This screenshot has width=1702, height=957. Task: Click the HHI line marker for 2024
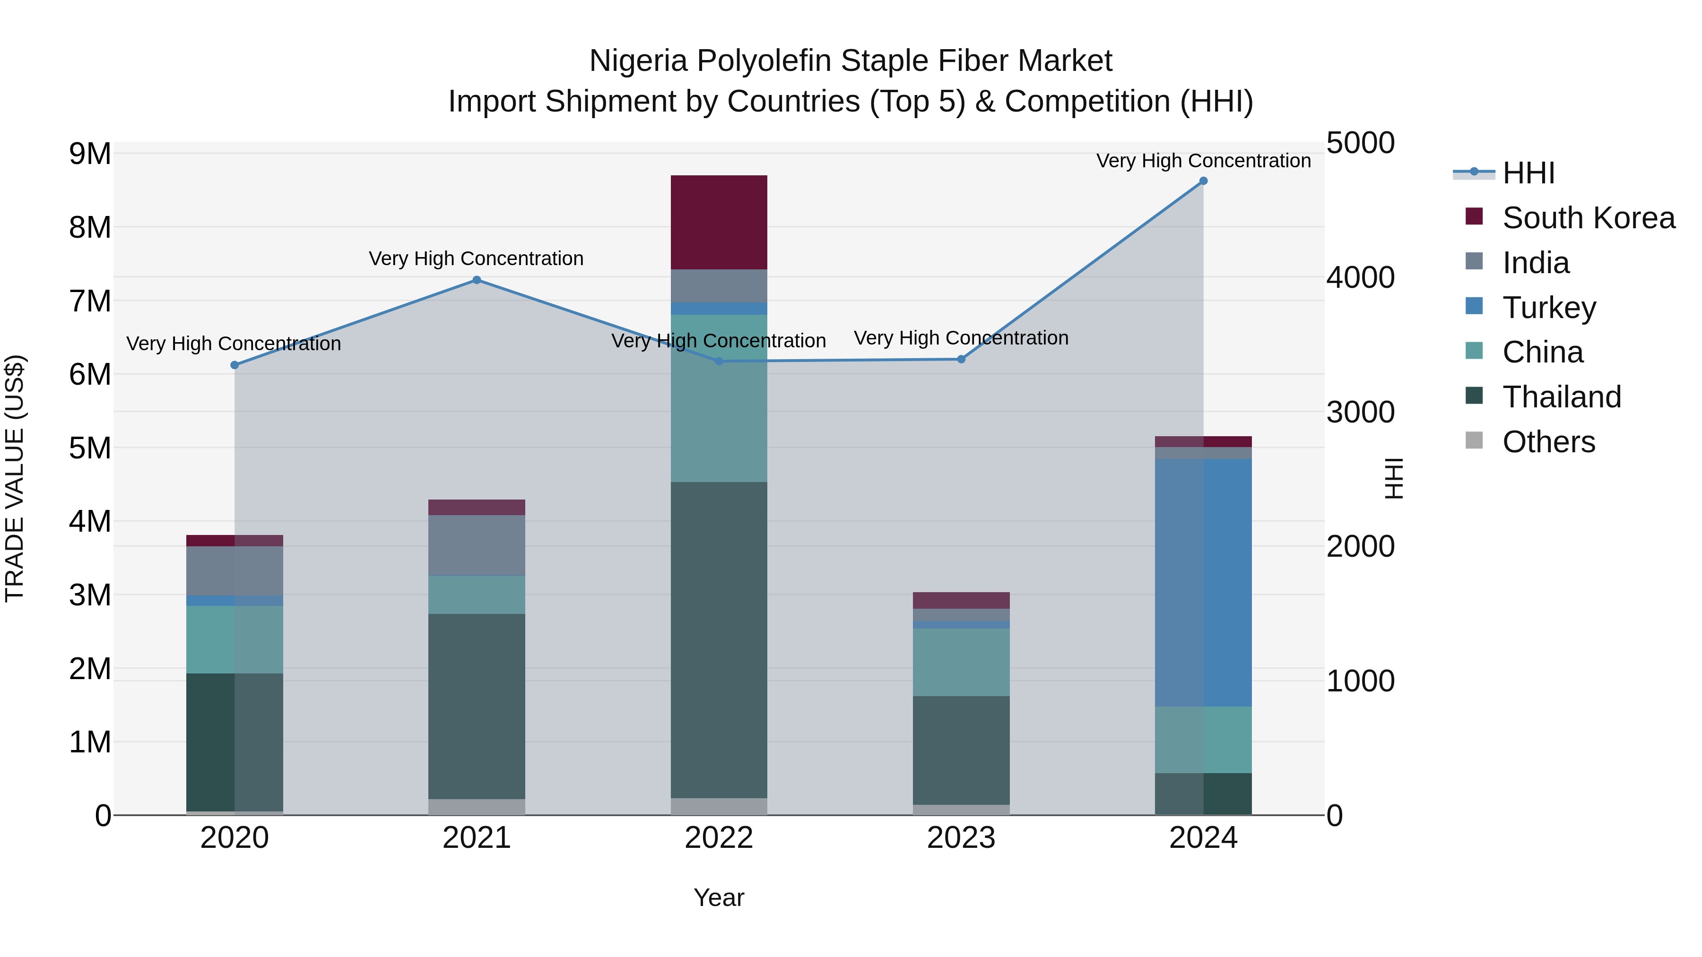(1203, 181)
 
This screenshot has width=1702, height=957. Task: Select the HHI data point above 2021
(477, 280)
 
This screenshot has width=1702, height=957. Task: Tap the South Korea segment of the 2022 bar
(719, 223)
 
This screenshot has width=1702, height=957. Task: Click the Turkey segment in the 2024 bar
(1203, 583)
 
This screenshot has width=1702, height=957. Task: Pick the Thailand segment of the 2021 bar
(477, 707)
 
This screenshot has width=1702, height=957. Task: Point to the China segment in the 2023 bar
(961, 662)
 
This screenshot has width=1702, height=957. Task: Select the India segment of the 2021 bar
(477, 545)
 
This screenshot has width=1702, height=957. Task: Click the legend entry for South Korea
(1589, 218)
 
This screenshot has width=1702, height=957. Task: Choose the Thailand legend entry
(1562, 397)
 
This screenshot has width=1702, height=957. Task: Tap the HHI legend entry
(1528, 173)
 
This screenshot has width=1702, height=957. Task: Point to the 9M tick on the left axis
(90, 154)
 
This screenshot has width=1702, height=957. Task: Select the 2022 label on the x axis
(719, 838)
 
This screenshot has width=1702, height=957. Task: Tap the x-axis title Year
(719, 897)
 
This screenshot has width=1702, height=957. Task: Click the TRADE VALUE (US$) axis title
(15, 478)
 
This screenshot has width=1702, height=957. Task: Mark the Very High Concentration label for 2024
(1203, 161)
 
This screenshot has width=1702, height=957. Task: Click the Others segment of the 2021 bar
(477, 807)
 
